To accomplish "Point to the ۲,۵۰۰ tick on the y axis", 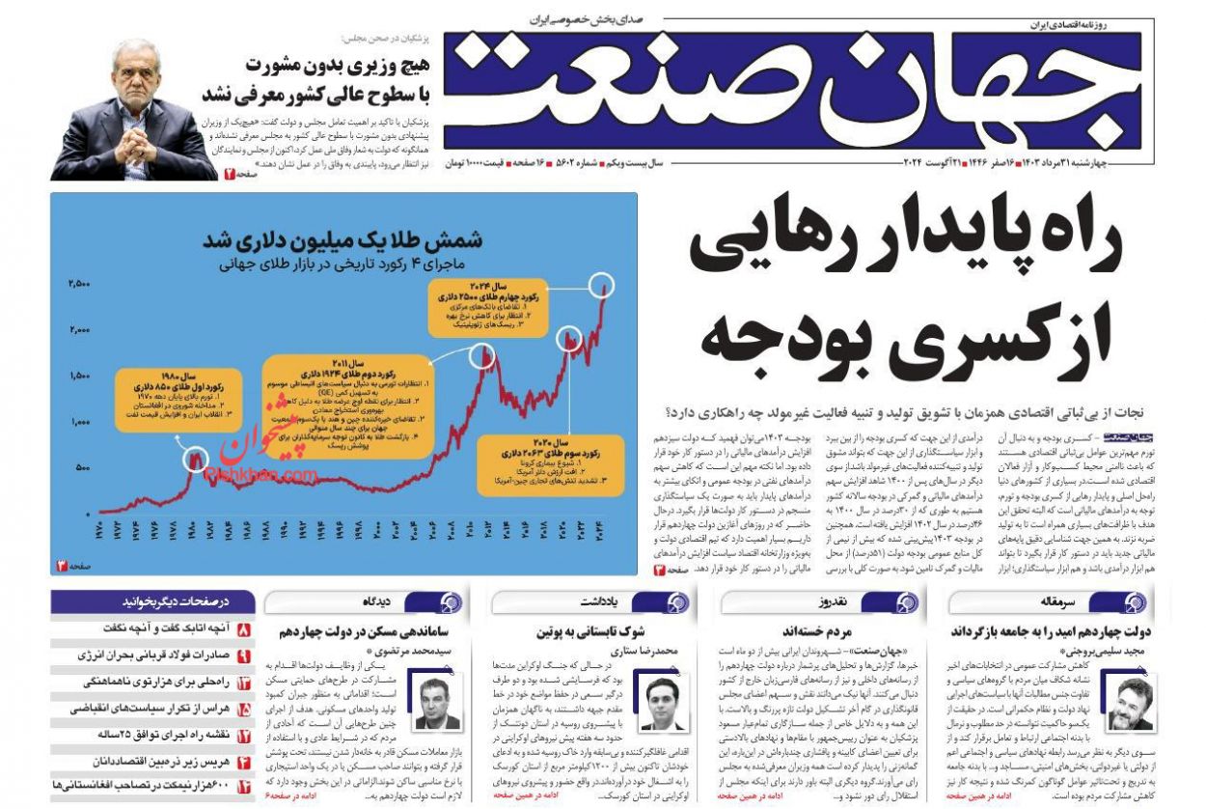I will click(79, 284).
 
